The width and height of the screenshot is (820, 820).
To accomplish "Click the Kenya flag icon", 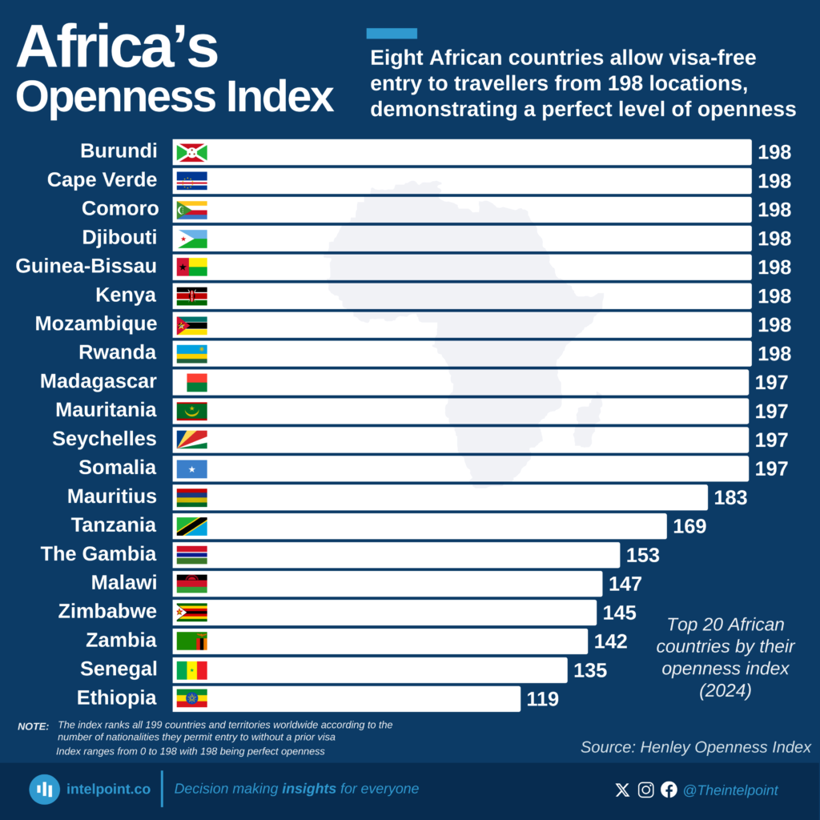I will (x=191, y=296).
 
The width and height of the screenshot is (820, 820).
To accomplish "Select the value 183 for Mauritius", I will (x=730, y=497).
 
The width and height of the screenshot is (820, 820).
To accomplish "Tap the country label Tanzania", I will (x=113, y=525).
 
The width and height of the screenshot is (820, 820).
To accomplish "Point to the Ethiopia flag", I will (x=191, y=698).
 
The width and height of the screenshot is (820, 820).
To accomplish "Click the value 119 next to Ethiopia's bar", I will (x=542, y=699).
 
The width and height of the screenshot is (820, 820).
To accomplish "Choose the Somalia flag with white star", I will (x=191, y=468).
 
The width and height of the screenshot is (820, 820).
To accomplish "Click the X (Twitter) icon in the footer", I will (x=622, y=790).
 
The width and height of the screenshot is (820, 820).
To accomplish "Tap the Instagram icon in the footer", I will (x=645, y=790).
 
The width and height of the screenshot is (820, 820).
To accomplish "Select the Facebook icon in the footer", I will (x=669, y=790).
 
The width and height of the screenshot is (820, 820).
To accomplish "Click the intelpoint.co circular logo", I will (x=45, y=790).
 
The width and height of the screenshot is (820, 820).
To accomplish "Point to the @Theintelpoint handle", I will (x=730, y=790).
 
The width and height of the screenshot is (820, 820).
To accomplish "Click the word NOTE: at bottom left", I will (x=33, y=726).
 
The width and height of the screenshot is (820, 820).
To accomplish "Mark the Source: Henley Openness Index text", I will (x=695, y=747).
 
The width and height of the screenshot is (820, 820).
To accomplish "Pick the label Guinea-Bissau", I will (x=86, y=266).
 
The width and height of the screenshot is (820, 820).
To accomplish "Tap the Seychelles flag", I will (x=191, y=440).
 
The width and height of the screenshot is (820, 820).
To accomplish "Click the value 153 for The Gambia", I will (x=643, y=555).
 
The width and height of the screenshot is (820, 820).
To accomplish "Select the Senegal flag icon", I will (x=191, y=670).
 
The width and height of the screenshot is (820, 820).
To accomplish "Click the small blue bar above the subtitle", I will (x=392, y=34).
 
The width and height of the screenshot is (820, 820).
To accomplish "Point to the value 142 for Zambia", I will (x=610, y=641).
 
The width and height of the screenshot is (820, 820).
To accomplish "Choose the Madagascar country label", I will (x=98, y=381).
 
